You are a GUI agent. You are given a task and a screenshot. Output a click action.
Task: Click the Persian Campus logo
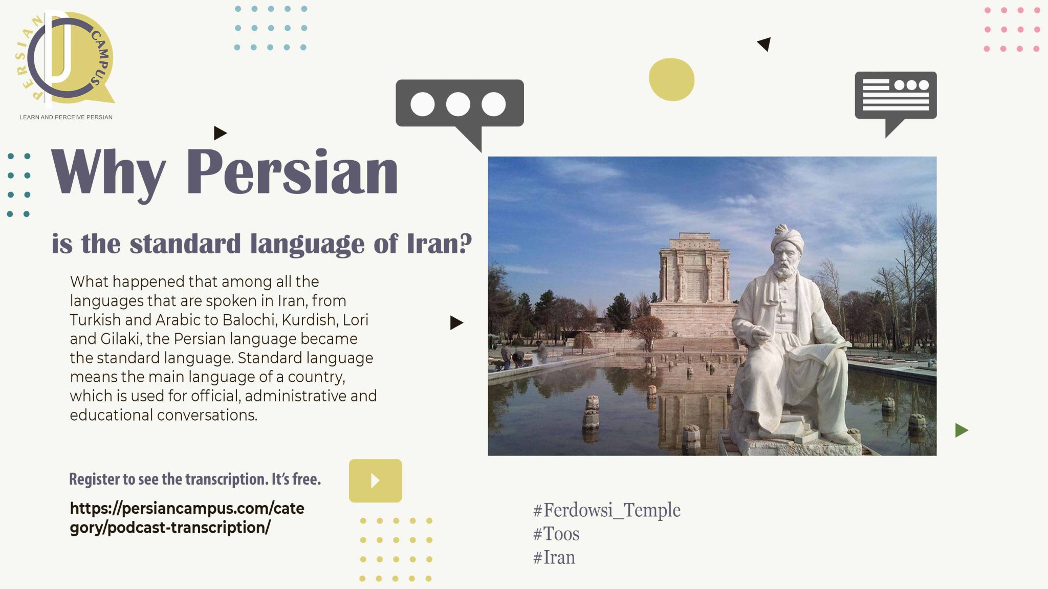click(x=67, y=59)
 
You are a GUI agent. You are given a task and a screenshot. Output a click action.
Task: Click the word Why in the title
click(x=108, y=172)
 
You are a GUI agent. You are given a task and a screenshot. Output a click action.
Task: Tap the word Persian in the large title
click(x=292, y=172)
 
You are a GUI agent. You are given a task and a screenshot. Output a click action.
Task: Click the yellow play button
click(x=375, y=481)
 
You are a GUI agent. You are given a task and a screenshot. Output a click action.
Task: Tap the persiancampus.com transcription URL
click(x=187, y=517)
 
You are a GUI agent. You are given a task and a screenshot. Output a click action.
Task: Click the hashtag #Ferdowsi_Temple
click(x=606, y=510)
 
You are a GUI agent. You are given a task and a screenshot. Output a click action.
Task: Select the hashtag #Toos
click(x=556, y=534)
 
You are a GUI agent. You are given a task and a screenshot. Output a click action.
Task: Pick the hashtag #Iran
click(x=554, y=557)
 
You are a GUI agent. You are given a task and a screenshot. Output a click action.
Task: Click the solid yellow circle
click(x=671, y=79)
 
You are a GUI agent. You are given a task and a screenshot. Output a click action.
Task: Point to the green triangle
click(x=961, y=430)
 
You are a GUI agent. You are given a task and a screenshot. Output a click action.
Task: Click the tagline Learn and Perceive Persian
click(x=66, y=117)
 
